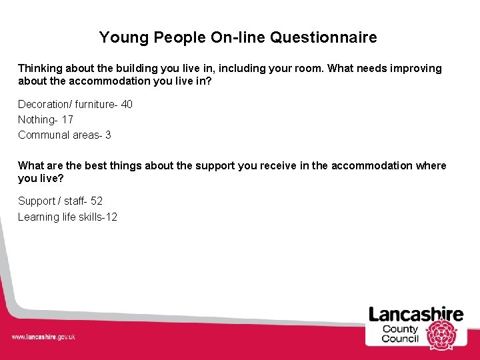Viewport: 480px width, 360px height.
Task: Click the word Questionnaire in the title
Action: pyautogui.click(x=323, y=37)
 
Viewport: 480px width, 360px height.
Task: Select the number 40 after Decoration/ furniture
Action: pyautogui.click(x=127, y=104)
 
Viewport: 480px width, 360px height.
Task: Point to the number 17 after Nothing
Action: pyautogui.click(x=67, y=119)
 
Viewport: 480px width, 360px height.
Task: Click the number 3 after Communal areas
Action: pyautogui.click(x=108, y=135)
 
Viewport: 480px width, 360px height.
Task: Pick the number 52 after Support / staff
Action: pyautogui.click(x=97, y=201)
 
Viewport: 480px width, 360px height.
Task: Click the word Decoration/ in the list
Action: pyautogui.click(x=45, y=104)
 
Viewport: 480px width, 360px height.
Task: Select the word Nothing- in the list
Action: pyautogui.click(x=38, y=119)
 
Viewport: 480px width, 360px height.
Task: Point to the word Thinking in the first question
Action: pyautogui.click(x=39, y=69)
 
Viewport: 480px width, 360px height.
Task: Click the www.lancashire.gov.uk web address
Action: pyautogui.click(x=43, y=337)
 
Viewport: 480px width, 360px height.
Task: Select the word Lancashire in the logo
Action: pyautogui.click(x=416, y=314)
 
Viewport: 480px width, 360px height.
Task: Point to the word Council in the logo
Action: pyautogui.click(x=400, y=339)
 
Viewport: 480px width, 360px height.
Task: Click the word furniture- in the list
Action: pyautogui.click(x=96, y=104)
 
